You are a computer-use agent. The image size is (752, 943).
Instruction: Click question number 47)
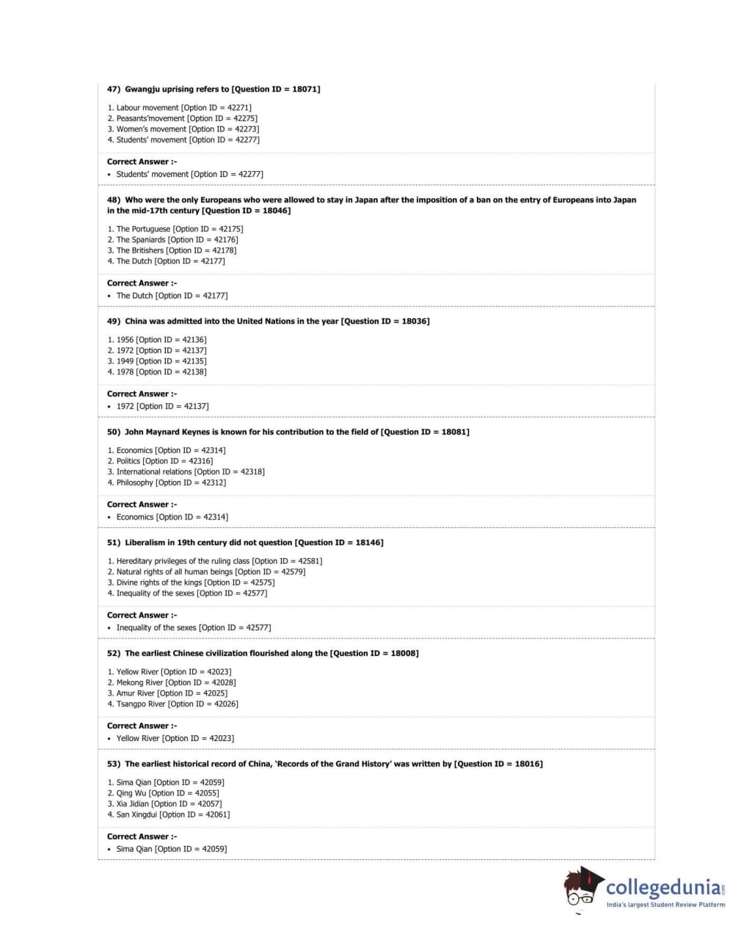pyautogui.click(x=114, y=90)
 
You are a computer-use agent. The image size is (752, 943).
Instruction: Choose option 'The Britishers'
pyautogui.click(x=140, y=250)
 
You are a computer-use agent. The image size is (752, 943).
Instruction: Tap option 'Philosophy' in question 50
pyautogui.click(x=135, y=483)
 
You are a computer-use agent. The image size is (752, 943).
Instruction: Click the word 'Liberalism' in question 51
pyautogui.click(x=145, y=543)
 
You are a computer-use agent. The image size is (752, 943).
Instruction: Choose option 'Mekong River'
pyautogui.click(x=139, y=683)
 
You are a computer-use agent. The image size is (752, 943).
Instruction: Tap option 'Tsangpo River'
pyautogui.click(x=141, y=704)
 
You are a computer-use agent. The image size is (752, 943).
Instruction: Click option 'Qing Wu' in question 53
pyautogui.click(x=131, y=793)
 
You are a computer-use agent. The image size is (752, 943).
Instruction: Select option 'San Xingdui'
pyautogui.click(x=136, y=814)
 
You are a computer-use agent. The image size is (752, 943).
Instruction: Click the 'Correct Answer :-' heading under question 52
pyautogui.click(x=142, y=726)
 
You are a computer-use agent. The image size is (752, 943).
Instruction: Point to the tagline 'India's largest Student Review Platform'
pyautogui.click(x=665, y=905)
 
